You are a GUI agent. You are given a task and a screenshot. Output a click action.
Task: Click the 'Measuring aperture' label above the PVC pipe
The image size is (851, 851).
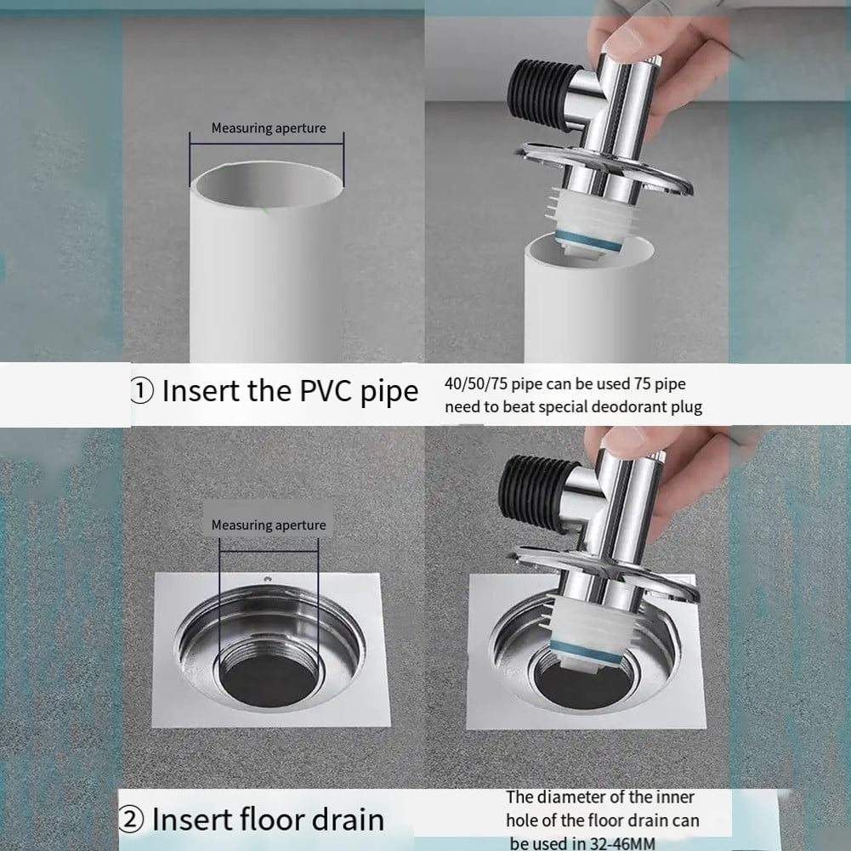[268, 128]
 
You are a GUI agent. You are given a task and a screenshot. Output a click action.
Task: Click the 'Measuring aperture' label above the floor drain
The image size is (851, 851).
[268, 525]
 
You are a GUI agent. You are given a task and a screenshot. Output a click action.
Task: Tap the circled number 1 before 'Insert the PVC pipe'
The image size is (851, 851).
[141, 392]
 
